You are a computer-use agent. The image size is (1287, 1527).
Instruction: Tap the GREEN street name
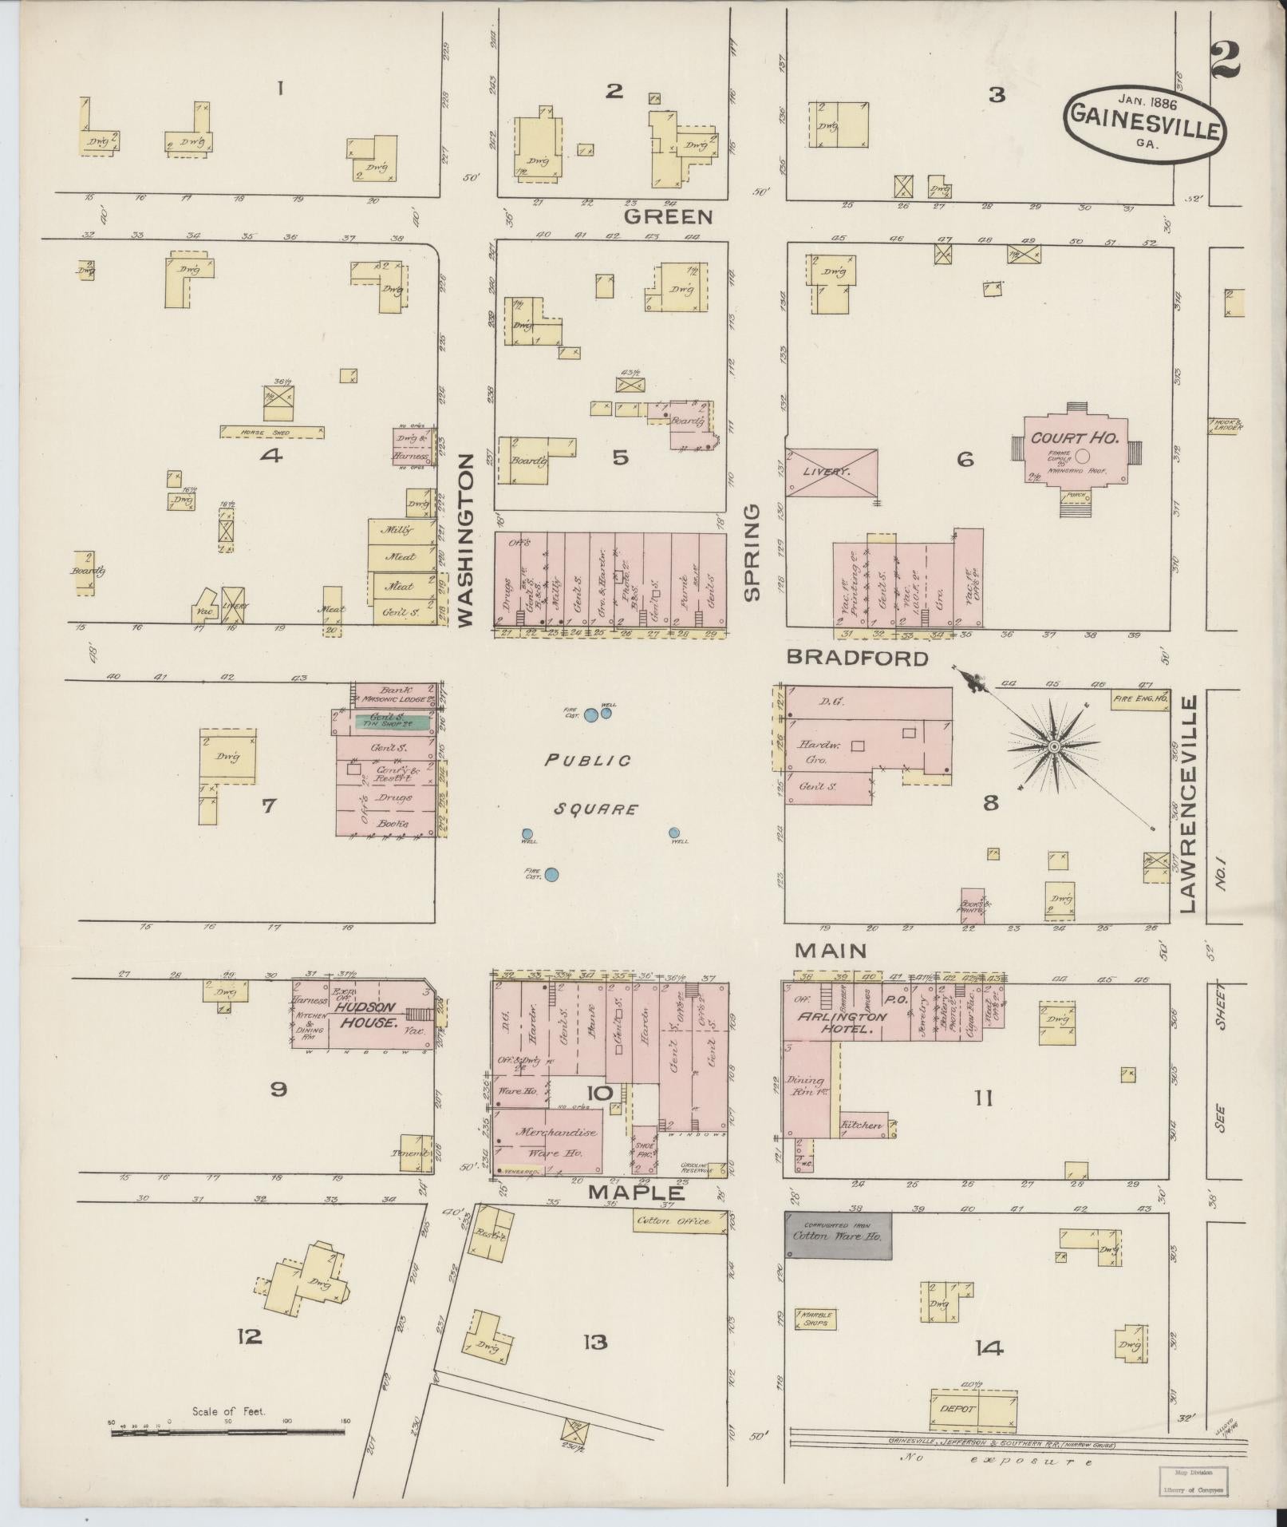point(668,216)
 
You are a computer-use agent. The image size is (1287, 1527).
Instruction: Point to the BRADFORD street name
point(858,658)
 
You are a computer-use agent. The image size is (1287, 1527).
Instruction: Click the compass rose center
point(1053,746)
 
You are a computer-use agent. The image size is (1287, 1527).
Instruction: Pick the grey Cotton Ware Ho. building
point(838,1235)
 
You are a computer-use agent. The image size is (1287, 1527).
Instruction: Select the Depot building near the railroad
point(973,1409)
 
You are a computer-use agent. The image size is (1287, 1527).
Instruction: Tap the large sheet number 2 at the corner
point(1225,60)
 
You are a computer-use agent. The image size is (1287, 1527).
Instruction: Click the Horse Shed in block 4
point(272,432)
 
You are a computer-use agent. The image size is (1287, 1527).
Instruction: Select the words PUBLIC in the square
point(587,760)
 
